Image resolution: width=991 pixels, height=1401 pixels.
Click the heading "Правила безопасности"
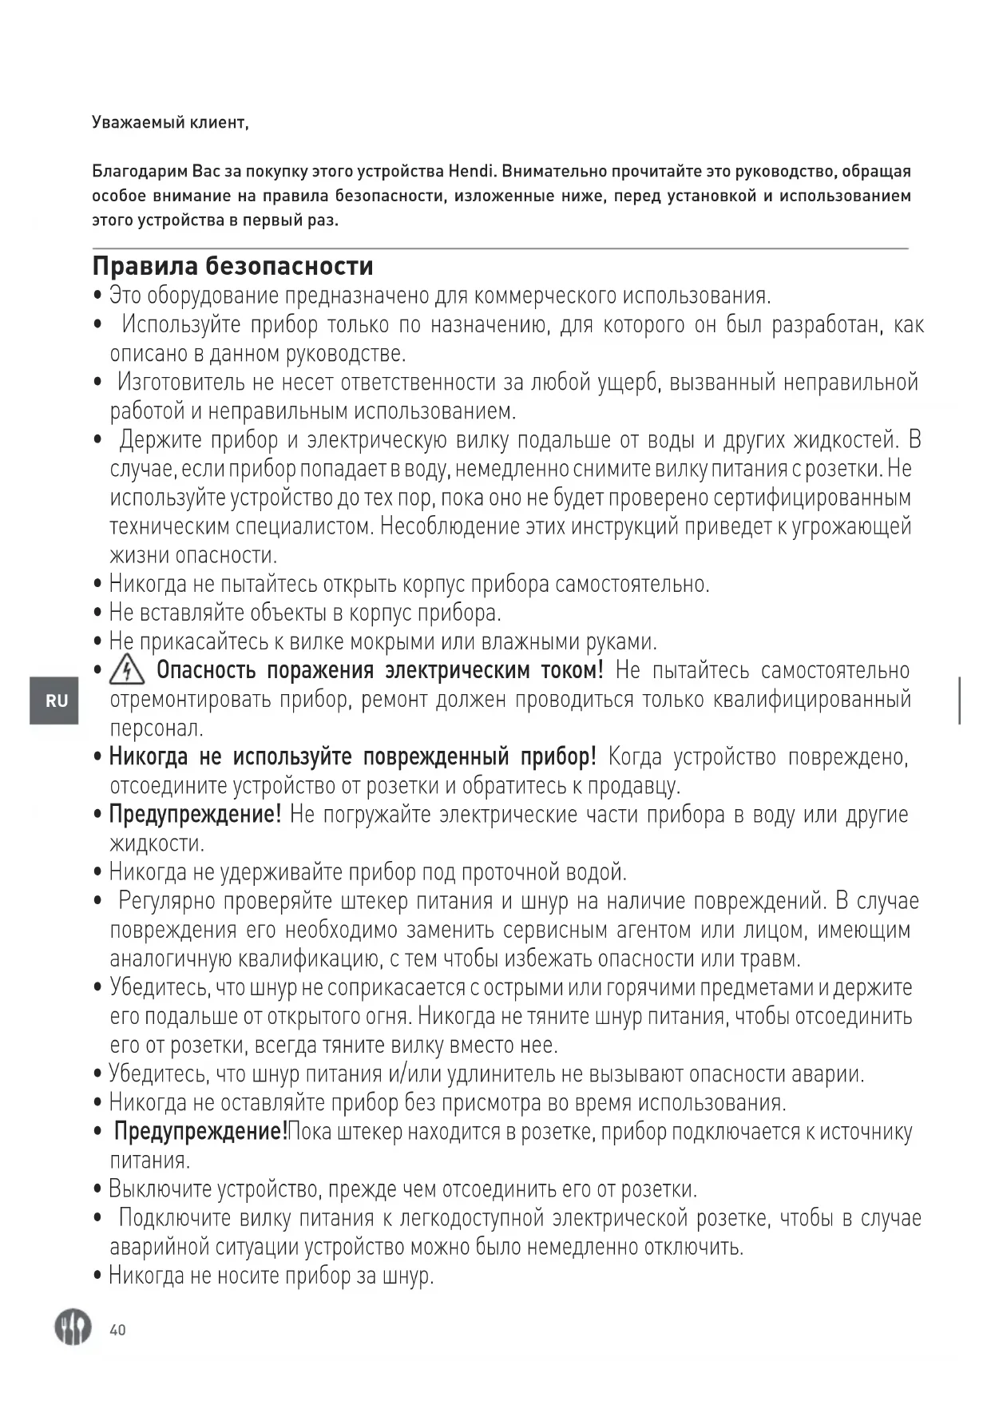pyautogui.click(x=232, y=266)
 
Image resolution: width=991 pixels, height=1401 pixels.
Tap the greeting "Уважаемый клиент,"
pyautogui.click(x=170, y=122)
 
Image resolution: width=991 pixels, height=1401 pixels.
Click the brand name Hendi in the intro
pyautogui.click(x=472, y=171)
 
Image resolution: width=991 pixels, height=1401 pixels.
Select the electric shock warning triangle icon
pyautogui.click(x=126, y=669)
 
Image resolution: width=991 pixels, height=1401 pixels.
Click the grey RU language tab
pyautogui.click(x=55, y=700)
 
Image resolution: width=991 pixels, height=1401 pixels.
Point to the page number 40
pyautogui.click(x=117, y=1330)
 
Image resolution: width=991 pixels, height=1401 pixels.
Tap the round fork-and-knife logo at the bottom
pyautogui.click(x=73, y=1328)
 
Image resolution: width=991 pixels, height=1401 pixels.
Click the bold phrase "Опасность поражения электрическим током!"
pyautogui.click(x=379, y=670)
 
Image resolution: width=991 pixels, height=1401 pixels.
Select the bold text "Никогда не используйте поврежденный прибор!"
pyautogui.click(x=352, y=756)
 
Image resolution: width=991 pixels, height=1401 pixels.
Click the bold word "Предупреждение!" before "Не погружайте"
pyautogui.click(x=195, y=815)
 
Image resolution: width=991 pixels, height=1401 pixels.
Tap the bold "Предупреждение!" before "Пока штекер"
pyautogui.click(x=200, y=1132)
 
